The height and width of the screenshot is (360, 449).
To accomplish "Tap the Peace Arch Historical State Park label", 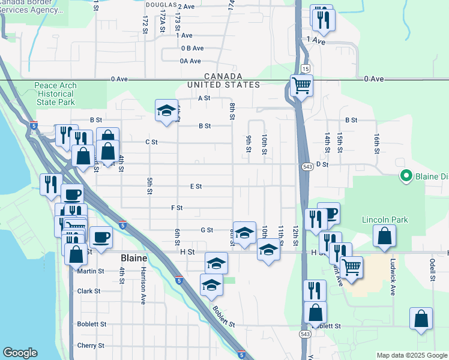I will [x=55, y=94].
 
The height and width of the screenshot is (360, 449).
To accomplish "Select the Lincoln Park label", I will [x=385, y=220].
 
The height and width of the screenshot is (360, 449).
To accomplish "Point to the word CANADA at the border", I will [x=223, y=76].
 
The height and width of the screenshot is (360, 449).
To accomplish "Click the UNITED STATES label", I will [x=223, y=85].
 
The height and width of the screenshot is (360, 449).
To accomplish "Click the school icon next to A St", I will [x=166, y=110].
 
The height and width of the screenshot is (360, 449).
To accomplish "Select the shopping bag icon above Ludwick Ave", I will [x=384, y=236].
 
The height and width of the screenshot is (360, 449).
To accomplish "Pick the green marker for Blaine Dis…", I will [x=405, y=176].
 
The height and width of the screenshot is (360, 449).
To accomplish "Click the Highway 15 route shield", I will [x=306, y=69].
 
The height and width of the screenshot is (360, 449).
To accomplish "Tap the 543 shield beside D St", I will [x=306, y=165].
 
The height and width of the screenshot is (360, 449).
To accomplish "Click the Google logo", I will [x=20, y=353].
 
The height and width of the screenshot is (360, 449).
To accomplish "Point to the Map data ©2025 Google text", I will [x=411, y=356].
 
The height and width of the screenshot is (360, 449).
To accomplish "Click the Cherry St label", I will [x=91, y=346].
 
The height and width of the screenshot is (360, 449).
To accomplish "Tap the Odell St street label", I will [x=432, y=269].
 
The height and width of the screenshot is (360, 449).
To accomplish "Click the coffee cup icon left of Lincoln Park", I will [x=328, y=212].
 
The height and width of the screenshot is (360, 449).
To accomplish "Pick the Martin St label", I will [x=91, y=271].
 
